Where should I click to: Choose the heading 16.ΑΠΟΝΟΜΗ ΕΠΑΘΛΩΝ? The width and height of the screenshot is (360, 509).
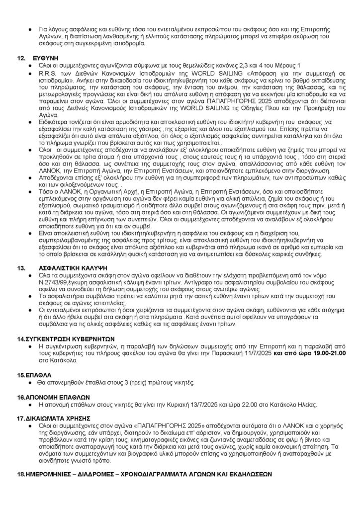click(x=53, y=398)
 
